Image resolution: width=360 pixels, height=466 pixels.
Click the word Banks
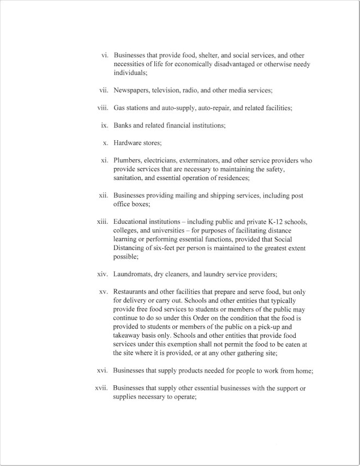coord(124,126)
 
